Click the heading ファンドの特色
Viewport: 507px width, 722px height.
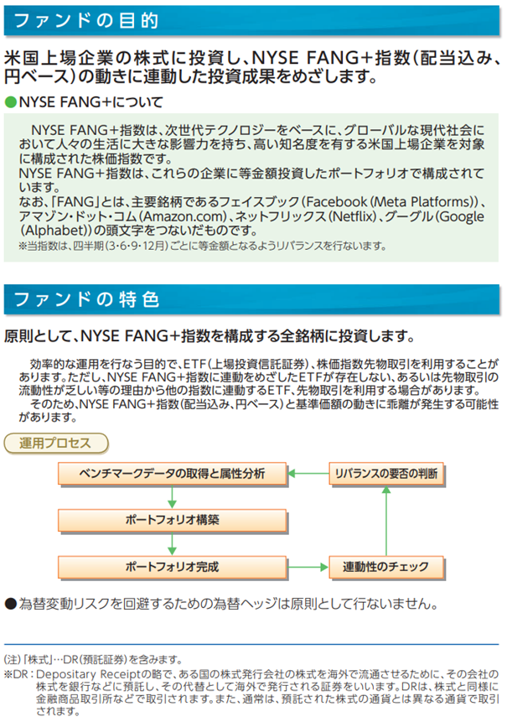point(75,298)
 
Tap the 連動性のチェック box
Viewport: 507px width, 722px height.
point(385,567)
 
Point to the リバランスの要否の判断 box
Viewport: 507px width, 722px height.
point(385,474)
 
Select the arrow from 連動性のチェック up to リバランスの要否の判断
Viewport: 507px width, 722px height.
point(385,520)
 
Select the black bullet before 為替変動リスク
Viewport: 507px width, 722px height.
point(10,603)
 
